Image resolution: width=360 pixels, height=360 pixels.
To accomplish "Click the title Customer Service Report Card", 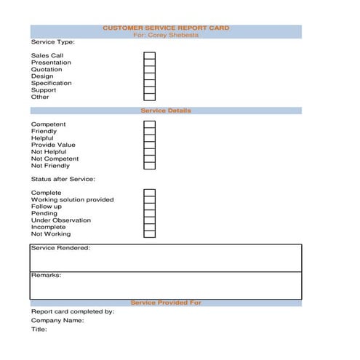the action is click(x=166, y=28).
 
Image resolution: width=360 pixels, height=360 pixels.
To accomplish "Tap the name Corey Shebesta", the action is click(x=166, y=35).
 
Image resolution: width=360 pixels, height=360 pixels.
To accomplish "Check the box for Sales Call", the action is click(x=149, y=55).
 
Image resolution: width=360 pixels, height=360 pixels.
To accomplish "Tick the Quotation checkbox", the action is click(x=149, y=69).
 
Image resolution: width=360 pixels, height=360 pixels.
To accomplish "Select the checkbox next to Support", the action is click(x=149, y=89).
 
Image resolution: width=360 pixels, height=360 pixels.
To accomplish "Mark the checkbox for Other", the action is click(x=149, y=97).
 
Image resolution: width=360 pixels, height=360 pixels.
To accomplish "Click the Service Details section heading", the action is click(x=166, y=111).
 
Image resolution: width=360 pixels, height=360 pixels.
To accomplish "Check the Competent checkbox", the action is click(x=149, y=124).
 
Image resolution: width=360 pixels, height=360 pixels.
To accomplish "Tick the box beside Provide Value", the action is click(x=149, y=145).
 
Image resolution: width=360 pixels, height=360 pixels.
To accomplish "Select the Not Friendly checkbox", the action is click(x=149, y=165).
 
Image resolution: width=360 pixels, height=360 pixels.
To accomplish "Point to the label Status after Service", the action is click(x=63, y=179).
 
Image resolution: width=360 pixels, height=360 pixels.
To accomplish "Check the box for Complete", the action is click(x=149, y=193).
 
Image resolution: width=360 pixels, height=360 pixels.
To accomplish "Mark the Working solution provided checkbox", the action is click(x=149, y=199).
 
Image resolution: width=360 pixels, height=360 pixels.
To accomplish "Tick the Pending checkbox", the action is click(x=149, y=213).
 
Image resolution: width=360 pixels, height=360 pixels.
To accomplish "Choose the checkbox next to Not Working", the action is click(x=149, y=233).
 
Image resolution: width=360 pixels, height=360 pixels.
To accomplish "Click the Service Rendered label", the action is click(x=60, y=248).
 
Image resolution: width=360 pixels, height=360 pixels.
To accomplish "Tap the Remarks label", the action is click(x=46, y=276).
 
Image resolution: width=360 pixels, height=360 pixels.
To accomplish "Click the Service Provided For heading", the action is click(x=166, y=303).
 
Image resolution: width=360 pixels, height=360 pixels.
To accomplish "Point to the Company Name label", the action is click(x=57, y=320).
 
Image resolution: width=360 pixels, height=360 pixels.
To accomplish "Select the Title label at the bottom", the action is click(x=39, y=329).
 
